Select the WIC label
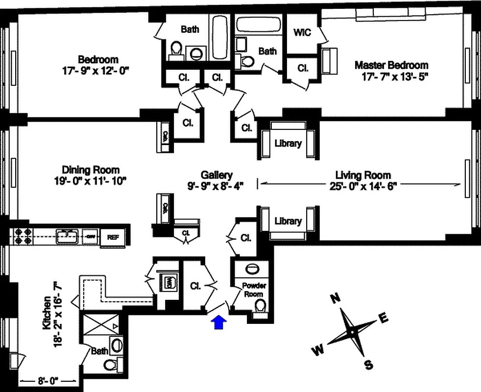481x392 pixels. (x=302, y=33)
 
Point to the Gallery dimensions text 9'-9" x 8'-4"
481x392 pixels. (x=216, y=185)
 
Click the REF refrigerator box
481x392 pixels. (x=113, y=237)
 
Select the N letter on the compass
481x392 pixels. (x=335, y=298)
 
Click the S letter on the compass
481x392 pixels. (x=368, y=365)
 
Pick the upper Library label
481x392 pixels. (x=288, y=144)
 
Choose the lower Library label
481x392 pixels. (x=288, y=221)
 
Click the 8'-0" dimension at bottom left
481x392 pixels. (x=47, y=380)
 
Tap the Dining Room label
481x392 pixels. (x=91, y=170)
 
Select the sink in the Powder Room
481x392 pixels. (x=252, y=269)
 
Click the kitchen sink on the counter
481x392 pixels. (x=68, y=236)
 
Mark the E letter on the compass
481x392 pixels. (x=384, y=319)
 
